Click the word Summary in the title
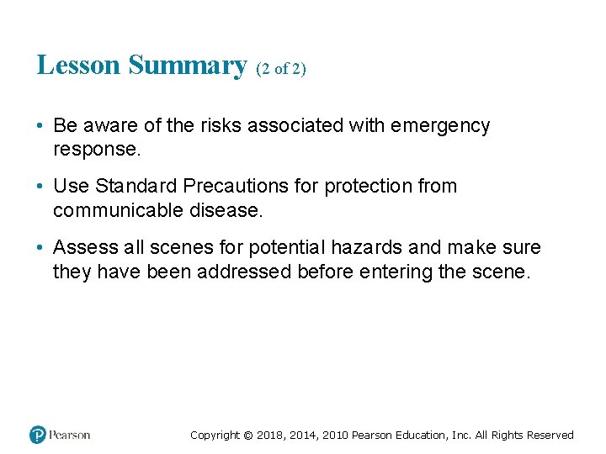point(188,65)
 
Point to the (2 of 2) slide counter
point(281,68)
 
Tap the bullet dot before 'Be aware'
point(41,127)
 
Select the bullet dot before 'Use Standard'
point(41,187)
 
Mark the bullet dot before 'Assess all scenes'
point(41,248)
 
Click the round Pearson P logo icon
point(38,435)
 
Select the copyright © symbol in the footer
point(247,436)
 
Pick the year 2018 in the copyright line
point(270,436)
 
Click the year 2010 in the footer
point(332,436)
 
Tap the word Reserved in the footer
point(550,436)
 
